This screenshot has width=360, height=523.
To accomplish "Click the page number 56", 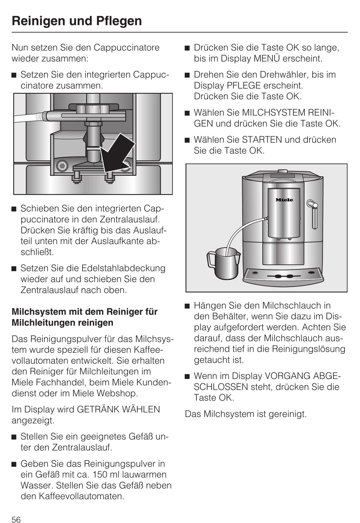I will pyautogui.click(x=16, y=519).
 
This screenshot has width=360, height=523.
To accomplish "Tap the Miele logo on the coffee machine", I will pyautogui.click(x=284, y=200).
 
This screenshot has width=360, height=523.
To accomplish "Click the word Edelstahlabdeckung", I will pyautogui.click(x=124, y=268).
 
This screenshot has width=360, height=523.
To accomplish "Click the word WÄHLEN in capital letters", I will pyautogui.click(x=141, y=410).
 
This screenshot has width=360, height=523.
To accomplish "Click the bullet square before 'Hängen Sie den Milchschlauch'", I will pyautogui.click(x=187, y=306).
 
